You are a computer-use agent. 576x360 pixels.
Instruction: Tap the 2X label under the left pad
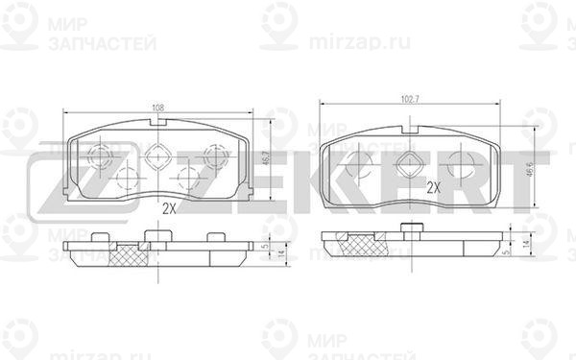[170, 207]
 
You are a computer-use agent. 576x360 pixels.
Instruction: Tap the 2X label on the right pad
[433, 188]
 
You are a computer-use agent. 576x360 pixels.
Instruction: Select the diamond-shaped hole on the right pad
[410, 163]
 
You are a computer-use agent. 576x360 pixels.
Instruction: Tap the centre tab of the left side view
[152, 237]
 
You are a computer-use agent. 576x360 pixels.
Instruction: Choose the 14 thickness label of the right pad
[528, 247]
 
